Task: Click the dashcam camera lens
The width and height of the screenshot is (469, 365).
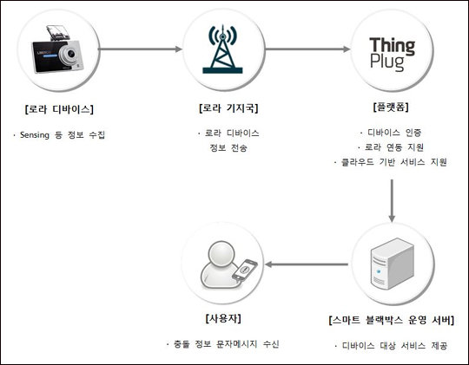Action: (x=69, y=54)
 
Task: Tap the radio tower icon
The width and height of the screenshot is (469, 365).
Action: (x=222, y=49)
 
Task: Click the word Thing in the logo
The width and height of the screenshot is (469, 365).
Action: (x=392, y=46)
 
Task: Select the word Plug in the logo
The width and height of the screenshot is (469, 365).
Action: (x=387, y=62)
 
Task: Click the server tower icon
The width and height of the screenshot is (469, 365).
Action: (x=392, y=264)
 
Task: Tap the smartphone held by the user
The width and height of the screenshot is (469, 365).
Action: (x=245, y=270)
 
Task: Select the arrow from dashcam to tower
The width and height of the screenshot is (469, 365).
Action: (x=140, y=49)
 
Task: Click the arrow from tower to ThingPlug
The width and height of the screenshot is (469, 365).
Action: (x=307, y=49)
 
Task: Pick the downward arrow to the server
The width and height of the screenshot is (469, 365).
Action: (x=392, y=200)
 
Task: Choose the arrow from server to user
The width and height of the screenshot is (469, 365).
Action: (x=307, y=264)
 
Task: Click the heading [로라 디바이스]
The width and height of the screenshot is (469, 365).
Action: (x=59, y=109)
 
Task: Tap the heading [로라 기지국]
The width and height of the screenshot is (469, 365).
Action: (x=228, y=108)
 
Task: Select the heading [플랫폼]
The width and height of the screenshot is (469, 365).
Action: (x=391, y=107)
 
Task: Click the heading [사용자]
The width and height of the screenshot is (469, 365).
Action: (x=223, y=318)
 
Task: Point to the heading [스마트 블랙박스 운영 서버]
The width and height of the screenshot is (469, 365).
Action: (x=391, y=320)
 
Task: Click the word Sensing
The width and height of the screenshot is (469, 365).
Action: (x=35, y=135)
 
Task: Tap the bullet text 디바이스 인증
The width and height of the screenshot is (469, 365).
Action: (x=394, y=133)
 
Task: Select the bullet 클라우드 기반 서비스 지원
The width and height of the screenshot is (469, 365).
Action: (x=394, y=162)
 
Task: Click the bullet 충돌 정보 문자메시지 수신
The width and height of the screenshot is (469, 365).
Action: (x=226, y=344)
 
